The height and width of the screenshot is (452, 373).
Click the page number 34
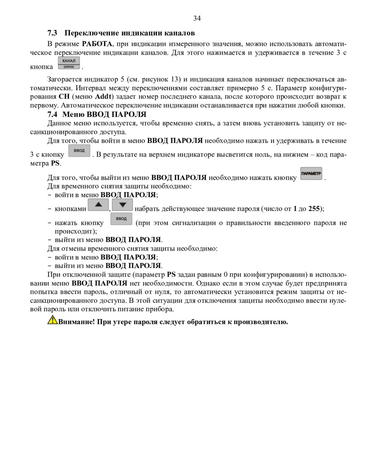coord(197,18)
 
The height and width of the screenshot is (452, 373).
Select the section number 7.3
coord(53,33)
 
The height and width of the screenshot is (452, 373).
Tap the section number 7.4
coord(53,114)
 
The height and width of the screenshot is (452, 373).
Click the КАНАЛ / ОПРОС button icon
coord(68,63)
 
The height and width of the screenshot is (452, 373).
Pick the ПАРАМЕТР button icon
coord(311,174)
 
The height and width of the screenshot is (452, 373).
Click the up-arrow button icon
coord(98,205)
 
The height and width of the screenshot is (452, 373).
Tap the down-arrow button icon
coord(122,205)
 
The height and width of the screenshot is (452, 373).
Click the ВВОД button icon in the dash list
coord(121,219)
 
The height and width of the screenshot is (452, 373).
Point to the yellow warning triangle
coord(53,319)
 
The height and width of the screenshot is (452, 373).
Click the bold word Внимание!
coord(77,322)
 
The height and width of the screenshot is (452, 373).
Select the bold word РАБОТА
coord(97,44)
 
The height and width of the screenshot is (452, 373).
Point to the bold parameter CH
coord(63,97)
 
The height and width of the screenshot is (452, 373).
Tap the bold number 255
coord(314,209)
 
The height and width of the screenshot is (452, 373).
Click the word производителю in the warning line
coord(261,322)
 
